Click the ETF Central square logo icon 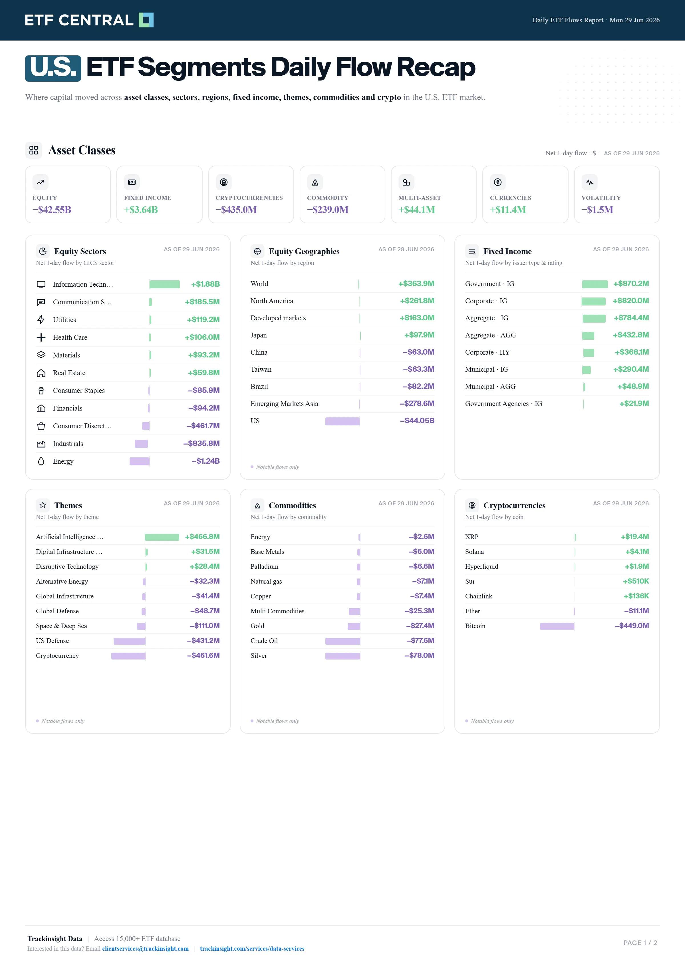coord(146,20)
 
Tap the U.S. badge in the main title coord(53,68)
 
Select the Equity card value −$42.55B coord(52,210)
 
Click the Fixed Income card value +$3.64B coord(141,210)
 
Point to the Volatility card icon coord(589,182)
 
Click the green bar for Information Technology coord(164,284)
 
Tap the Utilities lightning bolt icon coord(41,320)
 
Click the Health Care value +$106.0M coord(202,337)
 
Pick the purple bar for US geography coord(342,421)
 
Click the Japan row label coord(259,335)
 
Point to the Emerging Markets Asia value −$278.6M coord(417,403)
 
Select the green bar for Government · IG coord(595,284)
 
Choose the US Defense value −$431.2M coord(203,641)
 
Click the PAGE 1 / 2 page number coord(640,943)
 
